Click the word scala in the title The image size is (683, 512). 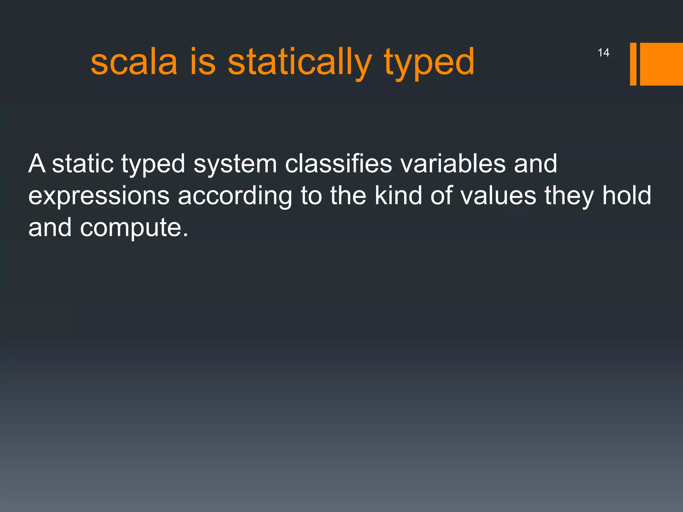pos(134,62)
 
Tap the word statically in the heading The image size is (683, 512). pos(299,62)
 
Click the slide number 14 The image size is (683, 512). pos(603,53)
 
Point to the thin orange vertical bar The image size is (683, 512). pos(633,64)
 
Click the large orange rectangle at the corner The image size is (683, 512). pos(661,64)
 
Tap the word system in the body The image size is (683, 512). pos(235,165)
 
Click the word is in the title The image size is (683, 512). pos(203,62)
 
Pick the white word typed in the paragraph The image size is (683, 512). pos(153,165)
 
